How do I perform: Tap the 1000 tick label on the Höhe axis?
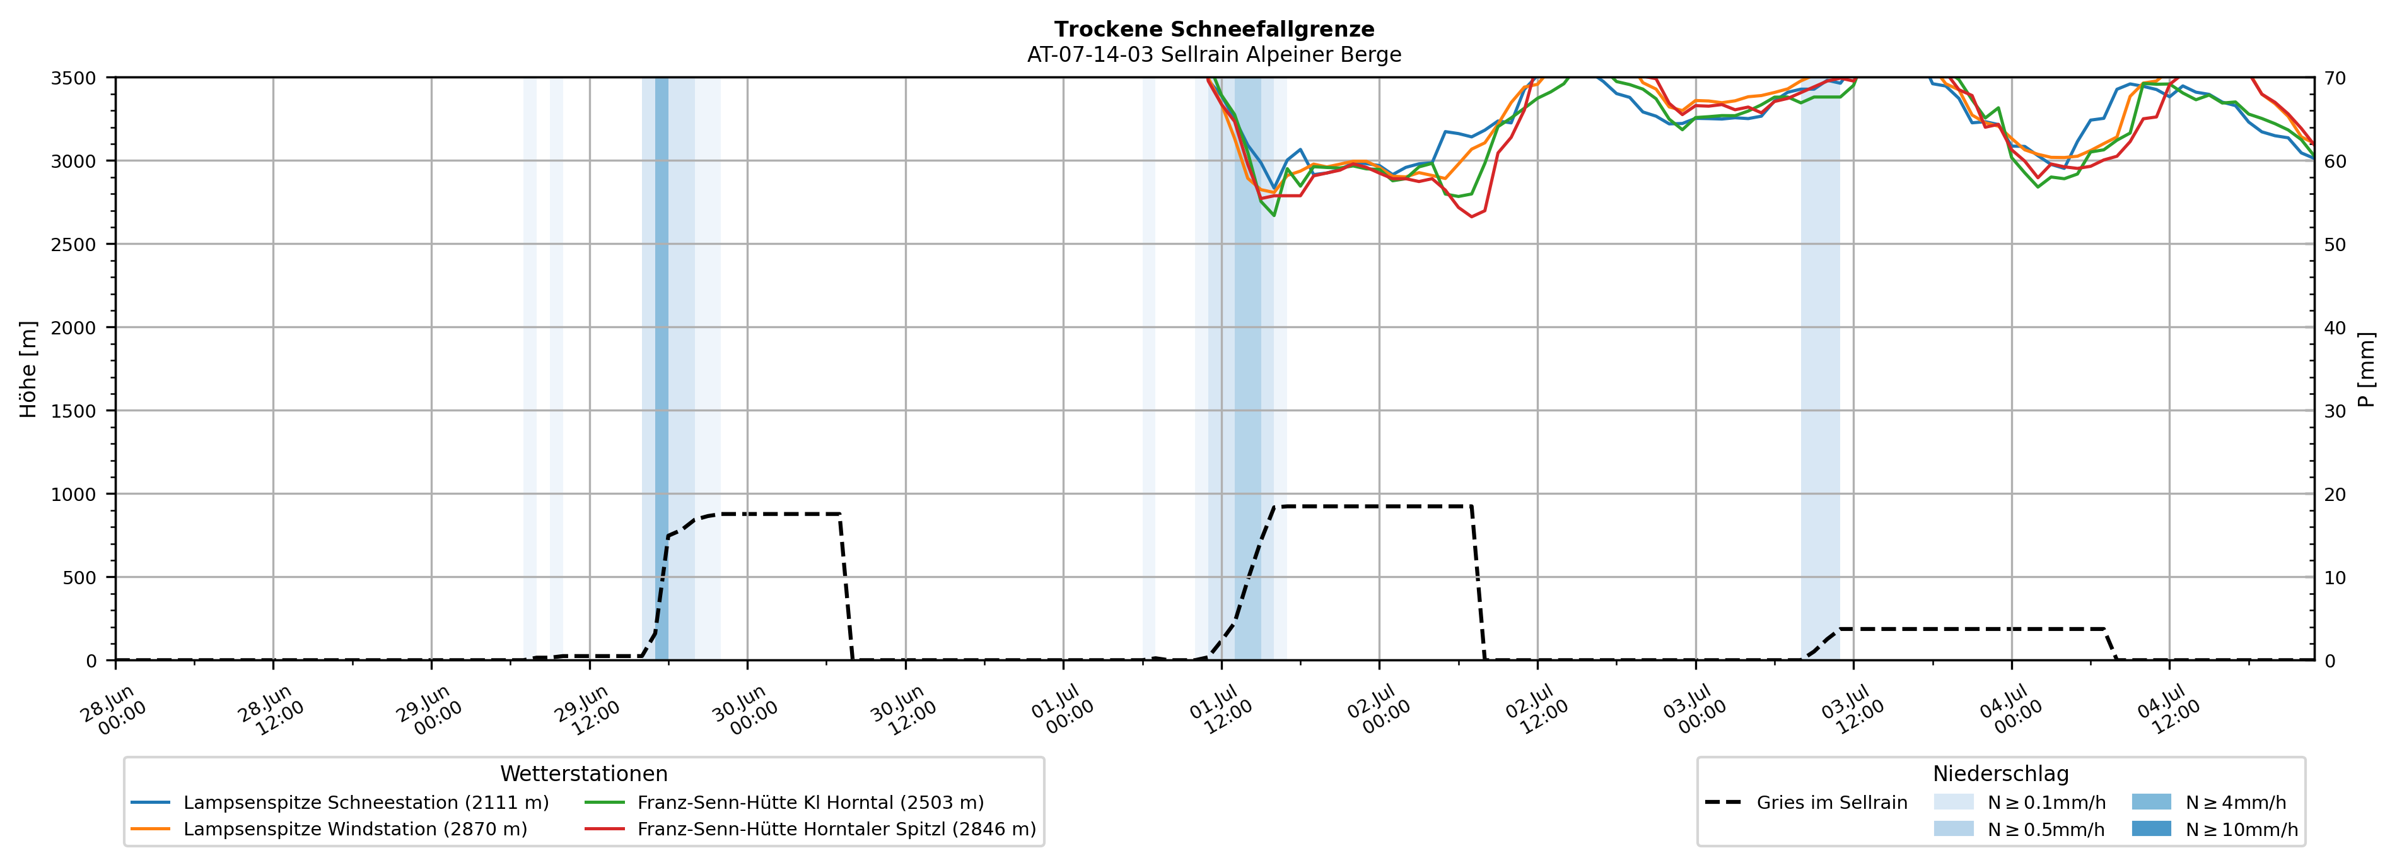(73, 495)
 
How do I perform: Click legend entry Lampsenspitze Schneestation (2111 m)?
(340, 803)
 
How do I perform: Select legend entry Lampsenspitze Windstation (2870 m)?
(329, 828)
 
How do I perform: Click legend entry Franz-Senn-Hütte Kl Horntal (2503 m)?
(783, 803)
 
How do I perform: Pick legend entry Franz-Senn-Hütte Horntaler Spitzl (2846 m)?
(810, 828)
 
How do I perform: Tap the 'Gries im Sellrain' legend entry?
(1805, 803)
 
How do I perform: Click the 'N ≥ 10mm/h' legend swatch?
(2150, 828)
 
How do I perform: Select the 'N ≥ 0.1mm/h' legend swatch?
(1953, 802)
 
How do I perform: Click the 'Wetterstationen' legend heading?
(583, 774)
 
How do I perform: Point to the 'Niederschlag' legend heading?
(2000, 774)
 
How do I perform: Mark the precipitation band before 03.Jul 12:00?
(1819, 368)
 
